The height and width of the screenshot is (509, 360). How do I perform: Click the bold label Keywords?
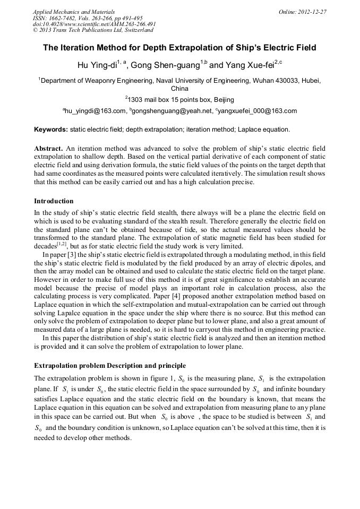51,130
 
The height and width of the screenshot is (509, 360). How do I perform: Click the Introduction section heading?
54,201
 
